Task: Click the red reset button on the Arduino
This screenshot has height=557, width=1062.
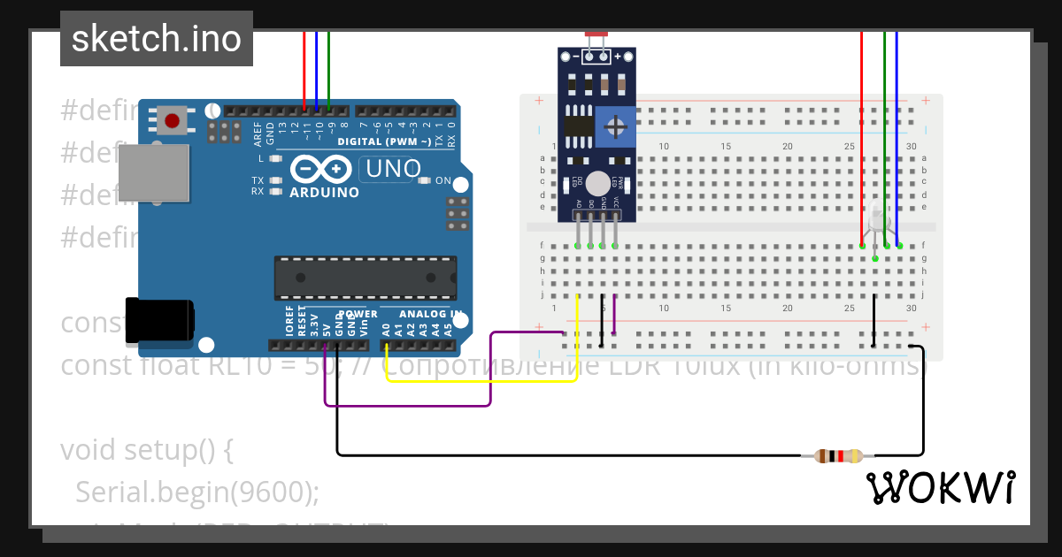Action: pyautogui.click(x=172, y=120)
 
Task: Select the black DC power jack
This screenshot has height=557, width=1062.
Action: pyautogui.click(x=159, y=320)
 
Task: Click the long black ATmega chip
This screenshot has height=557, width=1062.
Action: pyautogui.click(x=366, y=277)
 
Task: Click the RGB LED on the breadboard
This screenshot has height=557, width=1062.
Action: pyautogui.click(x=876, y=218)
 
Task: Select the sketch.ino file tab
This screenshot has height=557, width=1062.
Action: pyautogui.click(x=157, y=39)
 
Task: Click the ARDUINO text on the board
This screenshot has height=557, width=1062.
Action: pyautogui.click(x=325, y=192)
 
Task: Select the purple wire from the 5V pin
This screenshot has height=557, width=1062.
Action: pyautogui.click(x=407, y=406)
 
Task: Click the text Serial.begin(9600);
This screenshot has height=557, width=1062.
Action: pyautogui.click(x=197, y=492)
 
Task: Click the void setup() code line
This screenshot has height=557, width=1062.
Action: pyautogui.click(x=147, y=450)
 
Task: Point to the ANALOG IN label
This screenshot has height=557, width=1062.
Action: pyautogui.click(x=430, y=314)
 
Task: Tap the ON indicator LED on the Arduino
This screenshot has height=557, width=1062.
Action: pyautogui.click(x=424, y=181)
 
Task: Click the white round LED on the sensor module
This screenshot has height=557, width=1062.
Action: pyautogui.click(x=598, y=183)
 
